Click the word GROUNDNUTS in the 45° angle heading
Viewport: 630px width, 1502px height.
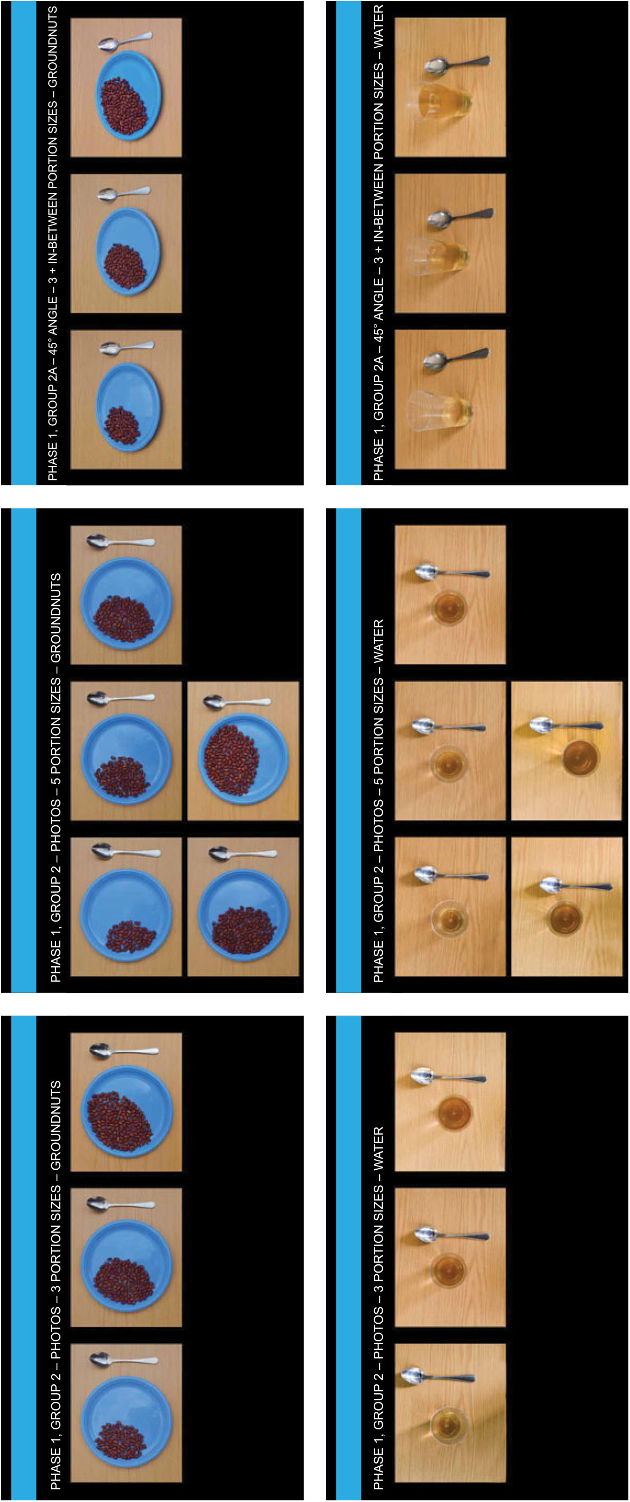pos(52,47)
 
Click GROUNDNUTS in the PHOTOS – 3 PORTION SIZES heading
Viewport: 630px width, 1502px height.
pos(56,1125)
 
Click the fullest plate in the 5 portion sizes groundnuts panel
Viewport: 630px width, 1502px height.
pos(243,760)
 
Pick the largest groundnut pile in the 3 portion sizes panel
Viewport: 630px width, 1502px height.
pos(119,1120)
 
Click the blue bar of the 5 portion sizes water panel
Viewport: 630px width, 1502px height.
pos(349,750)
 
